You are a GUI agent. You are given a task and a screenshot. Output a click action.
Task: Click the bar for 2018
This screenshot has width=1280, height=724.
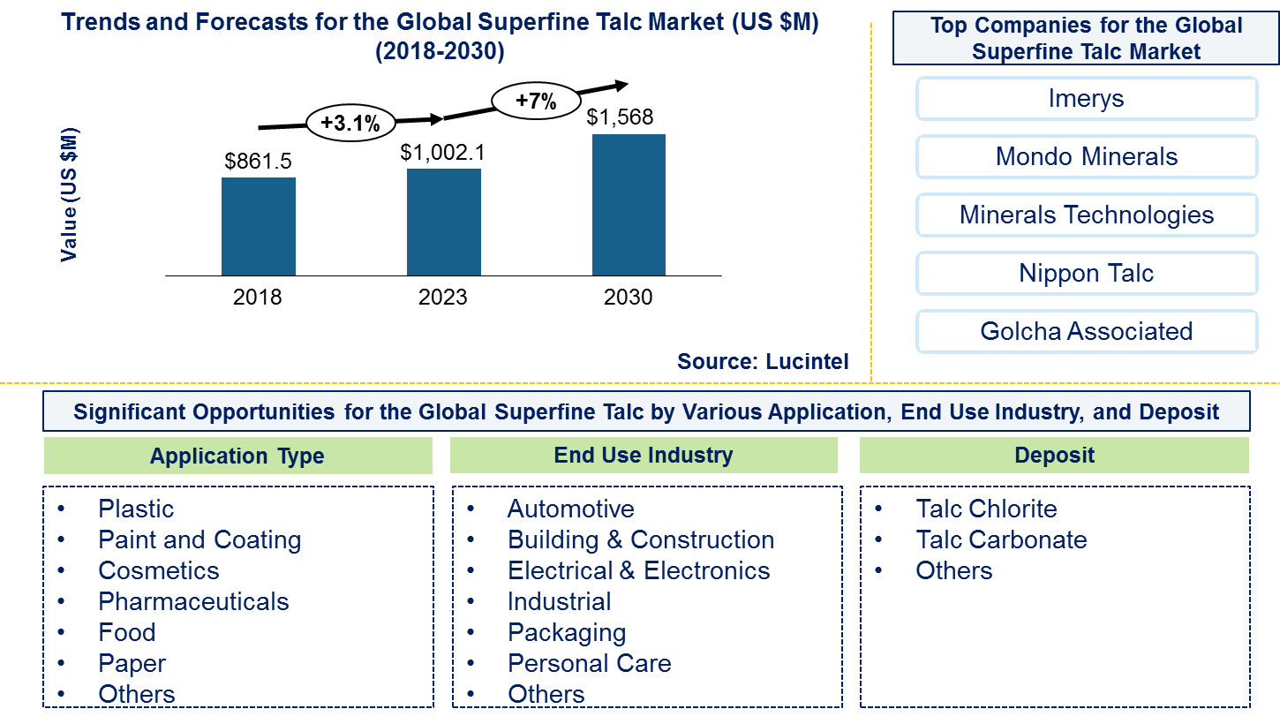tap(258, 226)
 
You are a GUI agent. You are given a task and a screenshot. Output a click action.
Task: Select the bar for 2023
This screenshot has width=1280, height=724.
tap(443, 222)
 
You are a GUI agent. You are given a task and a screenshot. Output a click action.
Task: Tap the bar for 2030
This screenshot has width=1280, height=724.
tap(629, 205)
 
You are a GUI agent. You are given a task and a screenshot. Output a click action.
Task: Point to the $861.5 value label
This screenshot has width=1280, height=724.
tap(258, 161)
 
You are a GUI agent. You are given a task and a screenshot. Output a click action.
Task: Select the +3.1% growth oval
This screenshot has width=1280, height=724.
tap(350, 124)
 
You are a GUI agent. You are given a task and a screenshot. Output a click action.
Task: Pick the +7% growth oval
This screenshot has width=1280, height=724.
tap(536, 101)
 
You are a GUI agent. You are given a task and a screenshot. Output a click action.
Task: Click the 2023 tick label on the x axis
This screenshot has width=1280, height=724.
tap(443, 297)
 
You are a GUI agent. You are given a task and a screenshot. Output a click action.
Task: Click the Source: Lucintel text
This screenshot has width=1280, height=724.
tap(763, 360)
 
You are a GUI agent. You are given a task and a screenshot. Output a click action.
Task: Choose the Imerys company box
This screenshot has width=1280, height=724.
tap(1086, 98)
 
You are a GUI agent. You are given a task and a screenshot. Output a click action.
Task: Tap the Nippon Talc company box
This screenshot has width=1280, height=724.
tap(1086, 273)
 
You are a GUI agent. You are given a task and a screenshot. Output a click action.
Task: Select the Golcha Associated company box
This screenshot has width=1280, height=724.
tap(1086, 331)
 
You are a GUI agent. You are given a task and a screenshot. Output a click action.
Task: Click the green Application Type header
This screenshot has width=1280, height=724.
tap(237, 456)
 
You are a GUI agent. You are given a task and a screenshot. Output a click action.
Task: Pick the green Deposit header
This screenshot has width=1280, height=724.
tap(1054, 456)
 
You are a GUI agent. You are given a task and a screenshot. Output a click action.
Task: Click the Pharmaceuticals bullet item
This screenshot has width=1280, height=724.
tap(193, 601)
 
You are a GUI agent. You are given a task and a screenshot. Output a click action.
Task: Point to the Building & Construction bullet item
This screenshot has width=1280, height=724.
tap(640, 539)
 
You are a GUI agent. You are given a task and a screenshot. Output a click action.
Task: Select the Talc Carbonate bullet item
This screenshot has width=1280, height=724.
tap(1001, 539)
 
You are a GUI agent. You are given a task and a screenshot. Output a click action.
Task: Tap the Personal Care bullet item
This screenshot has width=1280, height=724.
tap(589, 663)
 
